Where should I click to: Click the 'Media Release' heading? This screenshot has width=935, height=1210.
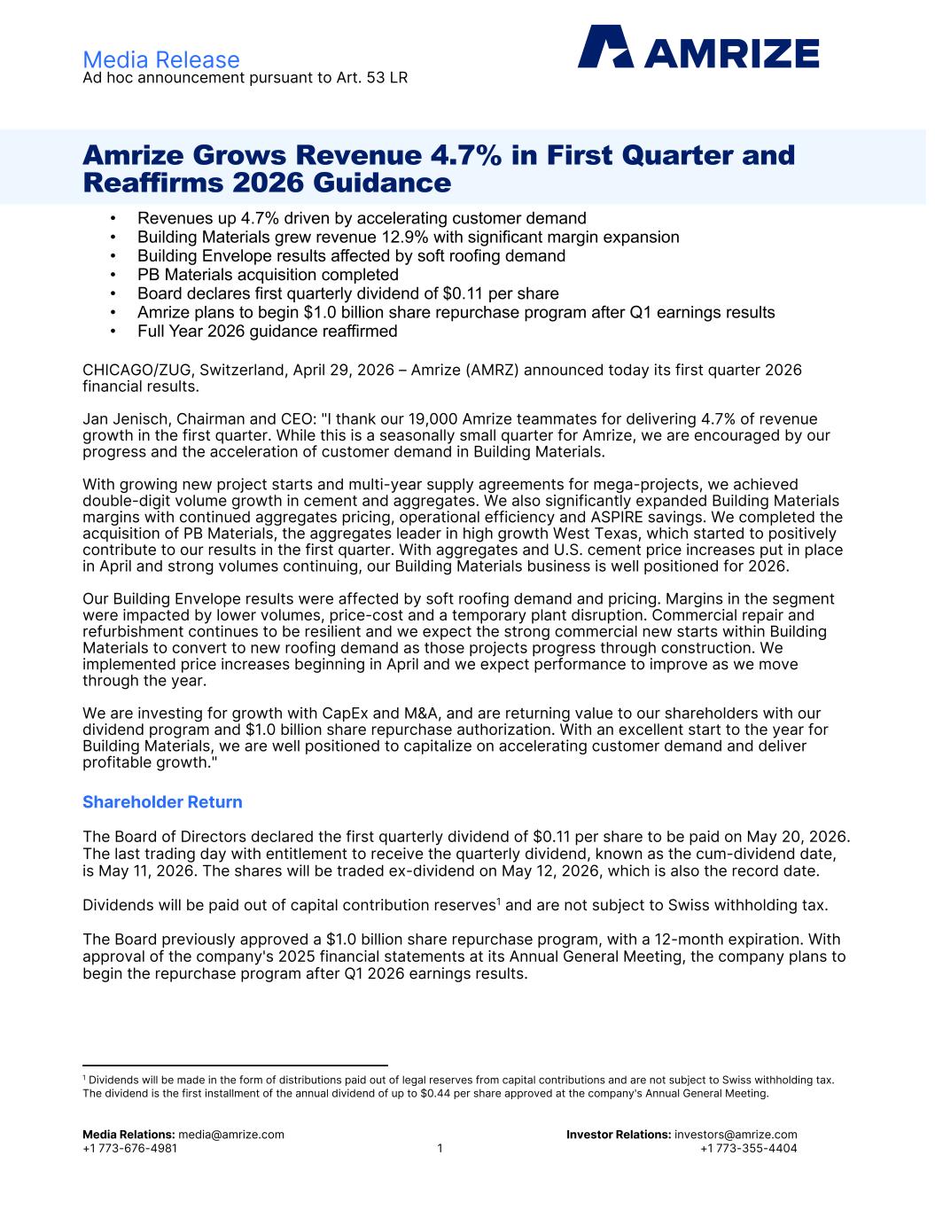coord(160,59)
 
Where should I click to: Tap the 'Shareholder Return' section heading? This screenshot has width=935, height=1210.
coord(162,802)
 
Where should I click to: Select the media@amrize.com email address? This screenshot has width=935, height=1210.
coord(231,1135)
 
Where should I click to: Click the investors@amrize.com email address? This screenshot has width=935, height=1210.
coord(736,1135)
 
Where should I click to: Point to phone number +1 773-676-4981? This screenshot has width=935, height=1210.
coord(129,1149)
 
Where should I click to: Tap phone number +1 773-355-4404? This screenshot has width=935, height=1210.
coord(748,1149)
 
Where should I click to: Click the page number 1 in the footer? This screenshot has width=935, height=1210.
coord(440,1149)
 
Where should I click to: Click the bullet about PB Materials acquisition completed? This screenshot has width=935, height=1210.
coord(268,275)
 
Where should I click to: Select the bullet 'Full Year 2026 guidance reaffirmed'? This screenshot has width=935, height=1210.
coord(267,332)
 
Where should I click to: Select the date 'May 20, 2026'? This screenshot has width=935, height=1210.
coord(801,837)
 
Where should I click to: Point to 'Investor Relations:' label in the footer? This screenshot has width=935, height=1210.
coord(618,1135)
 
